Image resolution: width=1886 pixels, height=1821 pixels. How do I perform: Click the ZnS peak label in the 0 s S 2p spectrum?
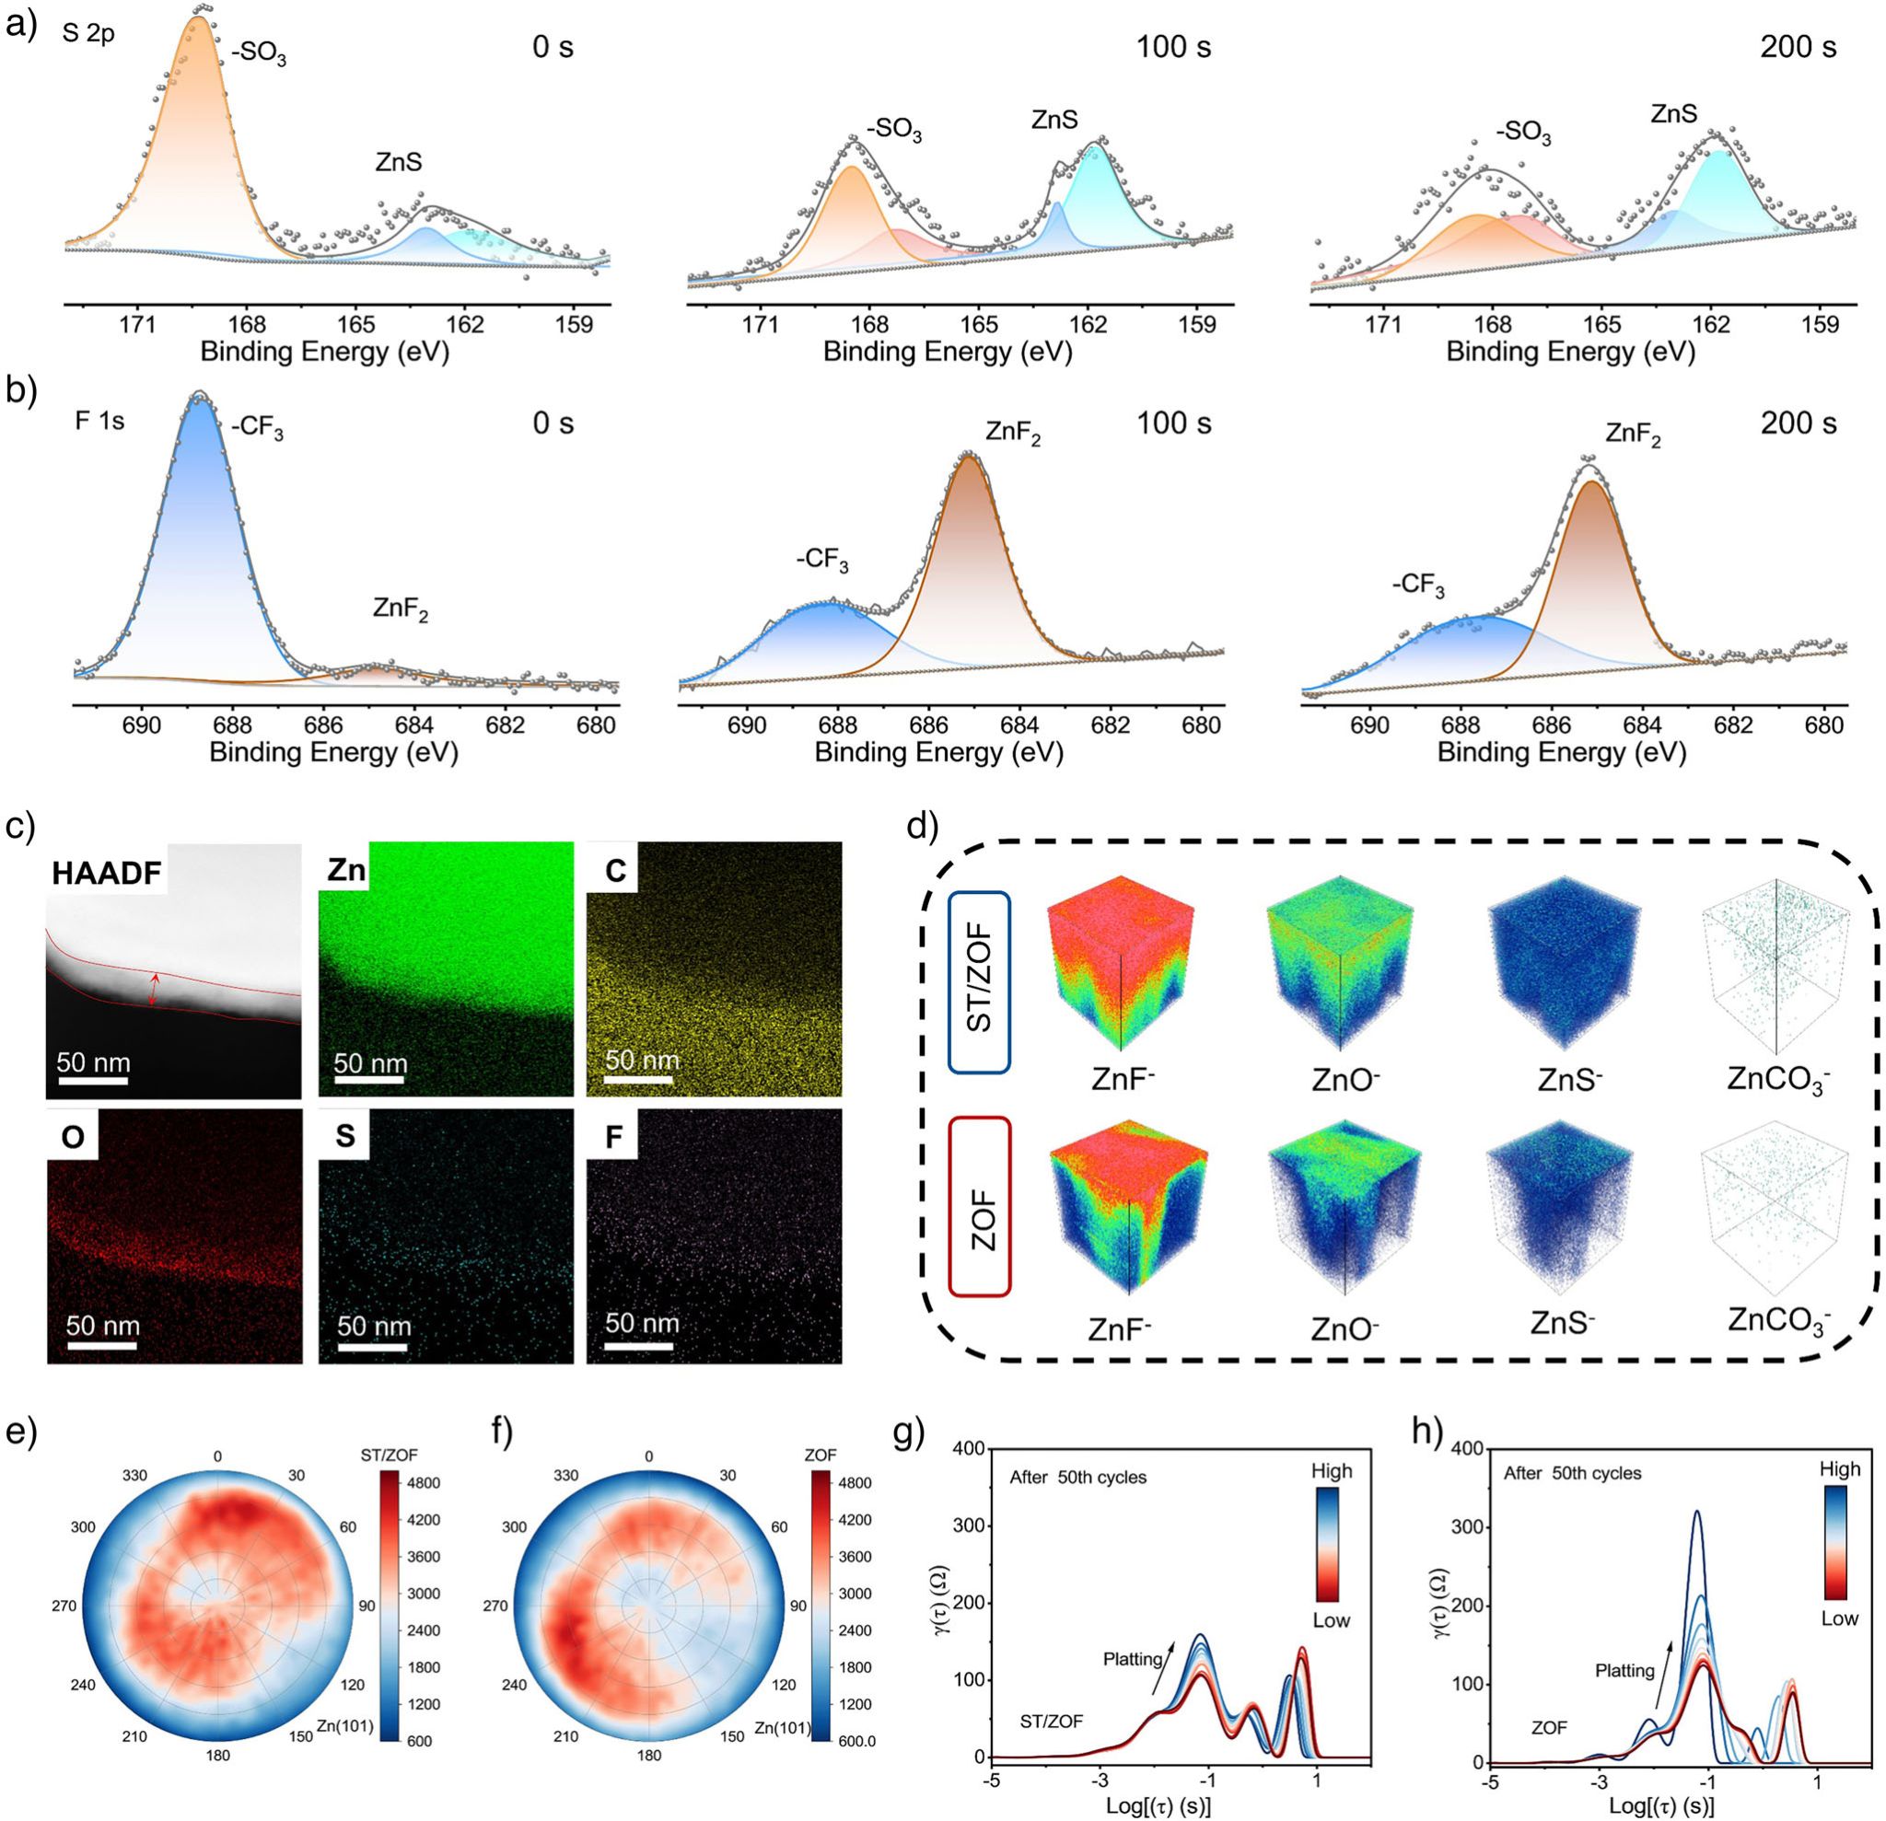point(399,163)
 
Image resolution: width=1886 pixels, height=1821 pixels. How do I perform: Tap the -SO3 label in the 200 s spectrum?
point(1523,132)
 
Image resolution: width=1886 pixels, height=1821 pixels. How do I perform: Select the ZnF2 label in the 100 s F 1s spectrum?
point(1013,434)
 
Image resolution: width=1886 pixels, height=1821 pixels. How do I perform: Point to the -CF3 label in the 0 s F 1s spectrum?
point(257,427)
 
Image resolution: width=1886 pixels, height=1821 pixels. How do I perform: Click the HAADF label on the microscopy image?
point(107,873)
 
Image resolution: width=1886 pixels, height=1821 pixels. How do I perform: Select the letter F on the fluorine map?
point(613,1136)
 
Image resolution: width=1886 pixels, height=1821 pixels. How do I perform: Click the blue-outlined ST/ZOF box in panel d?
point(979,982)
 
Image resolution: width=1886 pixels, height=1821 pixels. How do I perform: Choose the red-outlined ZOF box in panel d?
point(979,1206)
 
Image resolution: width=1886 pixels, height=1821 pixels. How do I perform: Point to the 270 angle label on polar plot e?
point(64,1606)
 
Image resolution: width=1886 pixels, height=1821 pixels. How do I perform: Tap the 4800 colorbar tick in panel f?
point(853,1483)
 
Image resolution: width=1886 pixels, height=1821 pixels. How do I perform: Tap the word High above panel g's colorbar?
point(1331,1471)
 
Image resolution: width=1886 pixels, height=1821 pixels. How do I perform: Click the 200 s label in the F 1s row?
point(1798,423)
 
